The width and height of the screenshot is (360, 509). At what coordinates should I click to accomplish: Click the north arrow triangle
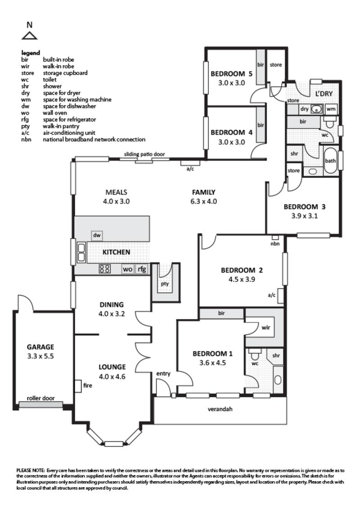click(x=30, y=36)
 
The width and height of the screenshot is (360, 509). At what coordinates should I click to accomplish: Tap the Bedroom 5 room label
click(x=231, y=74)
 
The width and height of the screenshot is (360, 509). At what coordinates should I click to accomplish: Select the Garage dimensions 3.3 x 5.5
click(x=40, y=356)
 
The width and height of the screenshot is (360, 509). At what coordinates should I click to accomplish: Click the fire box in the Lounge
click(x=78, y=386)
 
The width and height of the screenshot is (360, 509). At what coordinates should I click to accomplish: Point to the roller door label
click(x=40, y=398)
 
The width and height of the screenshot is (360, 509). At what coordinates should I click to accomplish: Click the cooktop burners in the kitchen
click(x=104, y=269)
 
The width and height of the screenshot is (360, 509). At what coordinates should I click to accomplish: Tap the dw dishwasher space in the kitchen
click(x=97, y=235)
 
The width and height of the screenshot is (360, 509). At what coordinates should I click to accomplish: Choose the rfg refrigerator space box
click(x=141, y=269)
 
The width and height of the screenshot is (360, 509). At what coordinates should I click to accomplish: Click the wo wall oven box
click(x=128, y=269)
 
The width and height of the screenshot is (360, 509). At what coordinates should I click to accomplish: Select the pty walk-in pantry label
click(x=165, y=284)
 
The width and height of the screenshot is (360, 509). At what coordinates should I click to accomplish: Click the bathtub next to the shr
click(x=330, y=161)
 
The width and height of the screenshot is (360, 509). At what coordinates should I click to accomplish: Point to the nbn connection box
click(x=275, y=237)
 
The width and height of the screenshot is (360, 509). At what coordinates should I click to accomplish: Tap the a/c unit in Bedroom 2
click(x=280, y=295)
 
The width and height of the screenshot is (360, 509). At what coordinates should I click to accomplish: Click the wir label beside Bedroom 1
click(x=266, y=327)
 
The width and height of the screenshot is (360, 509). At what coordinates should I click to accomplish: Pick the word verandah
click(x=220, y=409)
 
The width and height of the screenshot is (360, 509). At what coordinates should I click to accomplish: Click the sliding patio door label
click(x=144, y=154)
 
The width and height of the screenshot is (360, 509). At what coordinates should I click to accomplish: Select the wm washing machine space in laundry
click(x=331, y=109)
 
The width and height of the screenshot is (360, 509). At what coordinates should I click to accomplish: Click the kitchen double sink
click(x=81, y=252)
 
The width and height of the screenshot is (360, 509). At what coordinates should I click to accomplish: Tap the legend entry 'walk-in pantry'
click(x=61, y=126)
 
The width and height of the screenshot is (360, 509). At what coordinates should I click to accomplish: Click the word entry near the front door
click(x=163, y=374)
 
